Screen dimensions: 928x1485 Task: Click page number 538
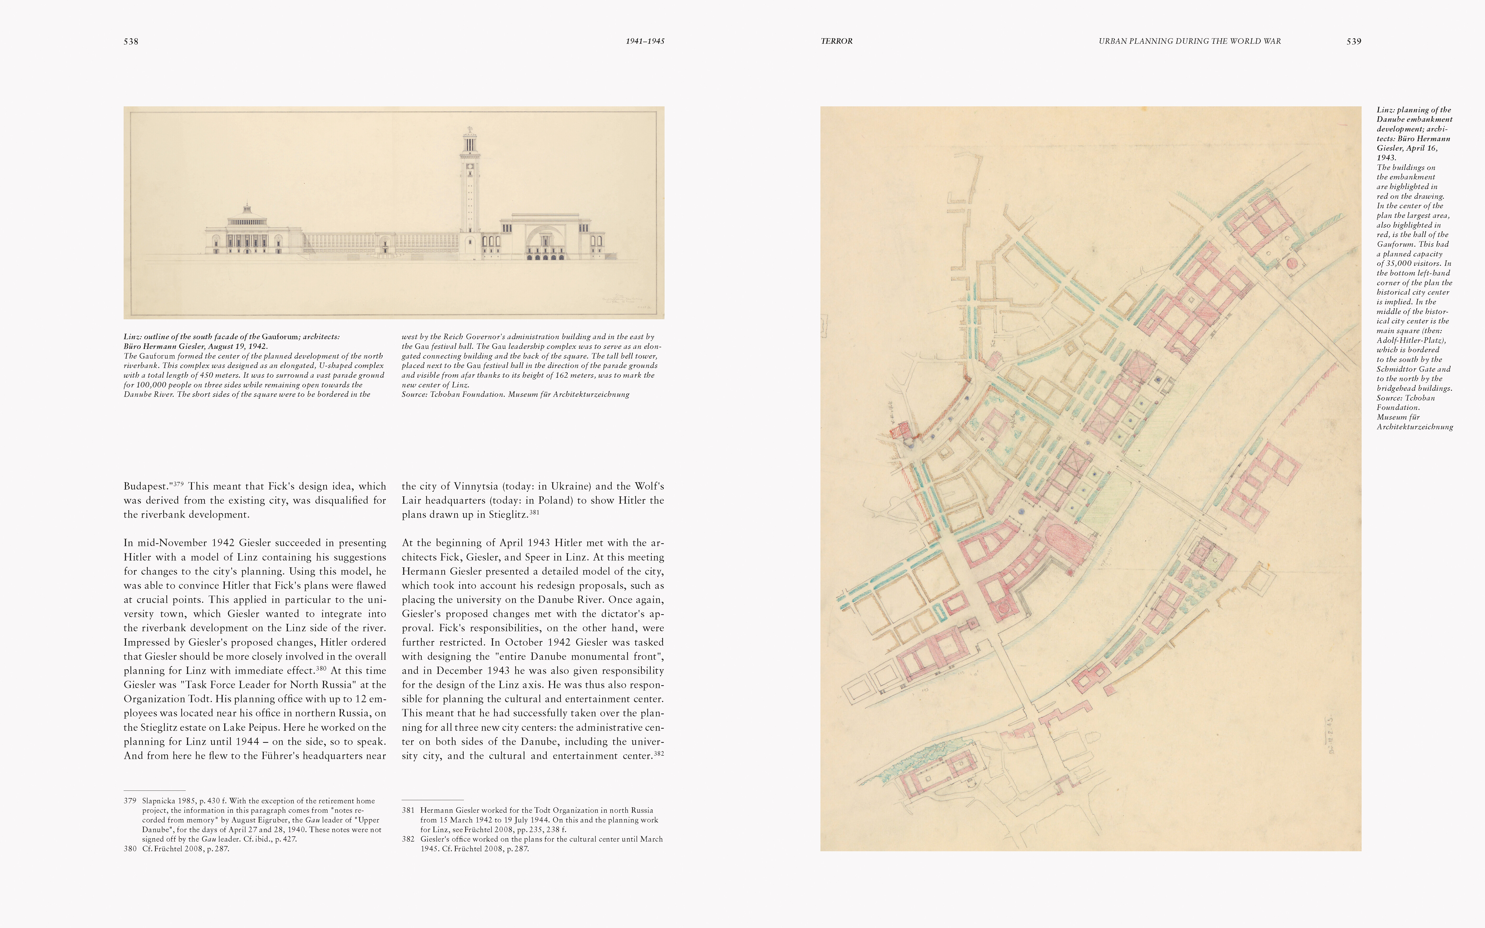pyautogui.click(x=131, y=42)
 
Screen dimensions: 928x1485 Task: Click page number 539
pyautogui.click(x=1354, y=42)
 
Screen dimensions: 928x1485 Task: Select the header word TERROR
pyautogui.click(x=836, y=41)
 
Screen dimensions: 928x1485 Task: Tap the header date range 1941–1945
pyautogui.click(x=645, y=41)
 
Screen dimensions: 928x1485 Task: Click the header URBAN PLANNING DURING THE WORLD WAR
pyautogui.click(x=1189, y=41)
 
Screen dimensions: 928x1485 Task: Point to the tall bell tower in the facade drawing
pyautogui.click(x=470, y=184)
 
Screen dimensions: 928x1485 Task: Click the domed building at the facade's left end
pyautogui.click(x=247, y=230)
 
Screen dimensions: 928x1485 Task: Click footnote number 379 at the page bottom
pyautogui.click(x=129, y=801)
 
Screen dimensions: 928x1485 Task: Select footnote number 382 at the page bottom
pyautogui.click(x=408, y=839)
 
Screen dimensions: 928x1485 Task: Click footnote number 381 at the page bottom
pyautogui.click(x=408, y=810)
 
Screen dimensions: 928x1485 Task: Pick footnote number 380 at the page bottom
pyautogui.click(x=129, y=849)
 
